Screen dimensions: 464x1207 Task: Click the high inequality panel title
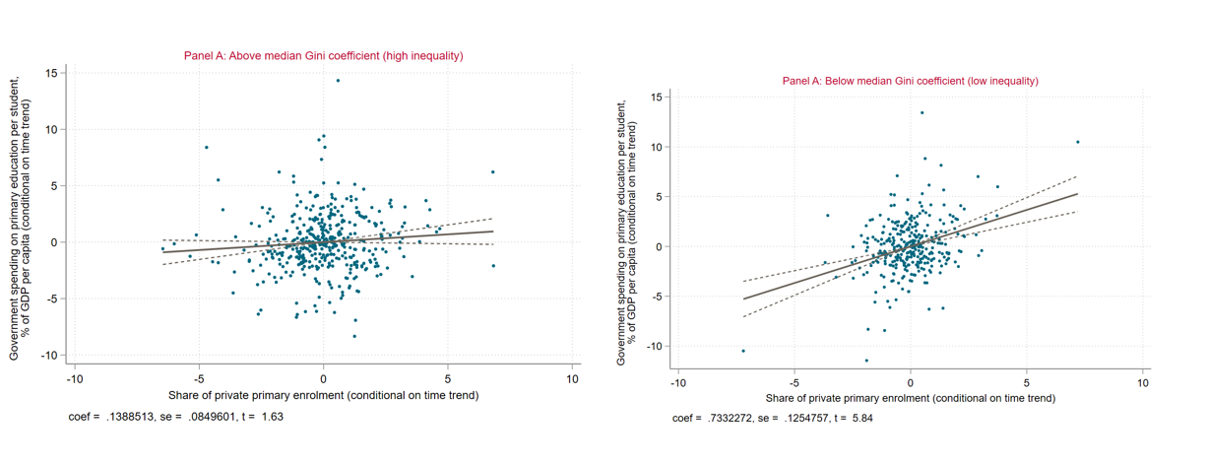coord(323,56)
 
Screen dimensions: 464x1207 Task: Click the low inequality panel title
coord(910,81)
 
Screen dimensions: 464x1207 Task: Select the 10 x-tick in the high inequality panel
coord(573,378)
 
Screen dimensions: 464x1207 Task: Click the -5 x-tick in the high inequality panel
coord(198,378)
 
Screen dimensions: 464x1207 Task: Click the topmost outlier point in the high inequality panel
coord(338,81)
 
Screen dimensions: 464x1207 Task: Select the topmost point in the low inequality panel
coord(921,112)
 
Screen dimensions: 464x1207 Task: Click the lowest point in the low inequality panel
coord(866,361)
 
